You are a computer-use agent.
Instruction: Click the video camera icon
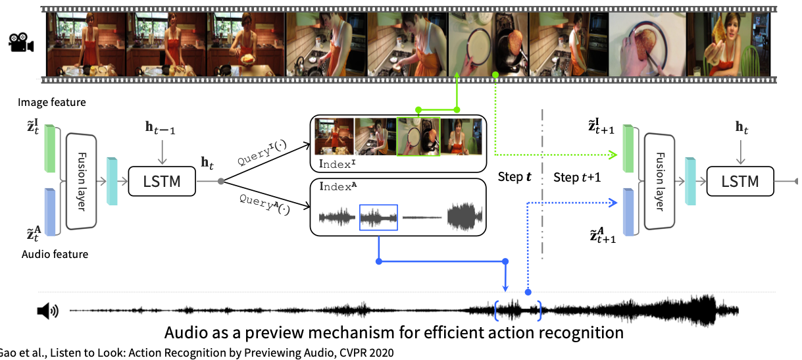coord(21,43)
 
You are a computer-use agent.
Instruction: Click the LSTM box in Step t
coord(162,180)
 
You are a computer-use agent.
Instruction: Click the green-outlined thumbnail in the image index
coord(417,137)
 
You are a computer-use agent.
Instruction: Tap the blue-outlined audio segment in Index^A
coord(378,217)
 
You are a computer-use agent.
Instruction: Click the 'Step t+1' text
coord(577,178)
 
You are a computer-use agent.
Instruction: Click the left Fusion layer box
coord(81,181)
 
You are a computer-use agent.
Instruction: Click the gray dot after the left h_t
coord(221,180)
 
